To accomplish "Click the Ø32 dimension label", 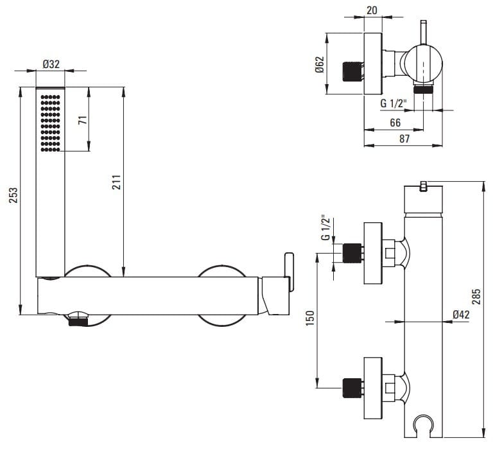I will click(51, 64).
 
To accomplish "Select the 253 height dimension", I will click(13, 194).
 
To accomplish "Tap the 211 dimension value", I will click(117, 182).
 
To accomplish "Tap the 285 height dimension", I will click(476, 296).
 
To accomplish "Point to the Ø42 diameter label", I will click(461, 315).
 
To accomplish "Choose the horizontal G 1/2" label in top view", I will click(392, 103).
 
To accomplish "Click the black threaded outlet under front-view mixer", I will click(76, 318).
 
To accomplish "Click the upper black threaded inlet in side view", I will click(351, 253).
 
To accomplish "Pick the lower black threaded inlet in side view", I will click(351, 387).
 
